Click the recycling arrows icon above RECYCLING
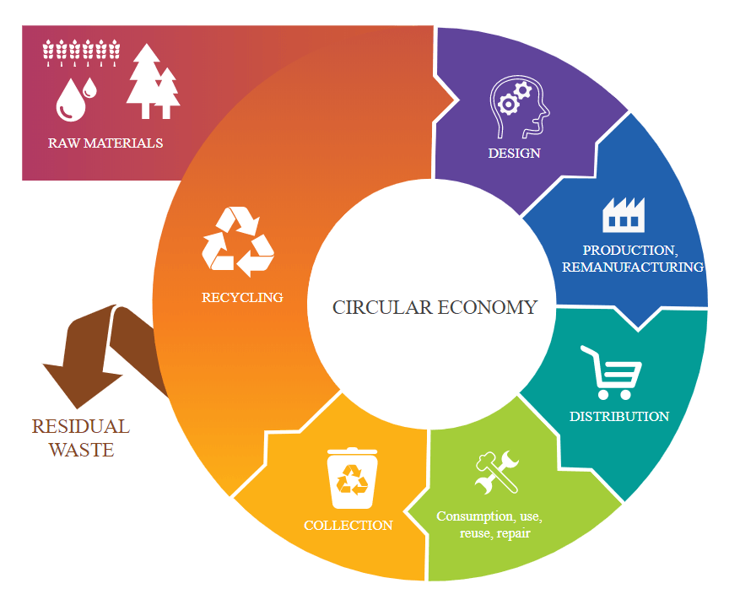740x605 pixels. point(238,243)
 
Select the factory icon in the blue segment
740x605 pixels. point(623,215)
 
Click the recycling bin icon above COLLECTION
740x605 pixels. point(352,478)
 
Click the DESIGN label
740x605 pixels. point(514,154)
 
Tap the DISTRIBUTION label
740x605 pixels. point(619,417)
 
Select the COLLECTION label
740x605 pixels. point(348,526)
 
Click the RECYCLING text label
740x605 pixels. point(242,298)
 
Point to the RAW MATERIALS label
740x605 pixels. point(105,143)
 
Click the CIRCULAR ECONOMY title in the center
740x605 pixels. point(435,307)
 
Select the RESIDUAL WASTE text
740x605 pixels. point(81,438)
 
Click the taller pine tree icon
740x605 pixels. point(143,80)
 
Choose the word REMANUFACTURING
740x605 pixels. point(632,267)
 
